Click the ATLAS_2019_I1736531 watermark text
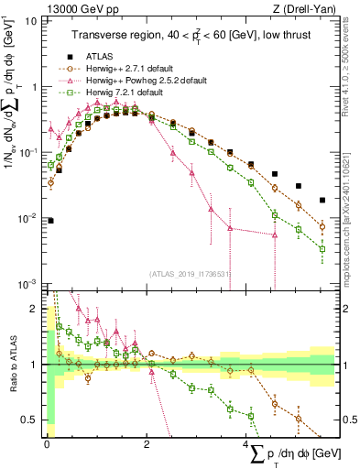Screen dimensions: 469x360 [188, 274]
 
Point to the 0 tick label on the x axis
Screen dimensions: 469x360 [46, 444]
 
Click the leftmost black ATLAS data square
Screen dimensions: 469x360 [50, 220]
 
